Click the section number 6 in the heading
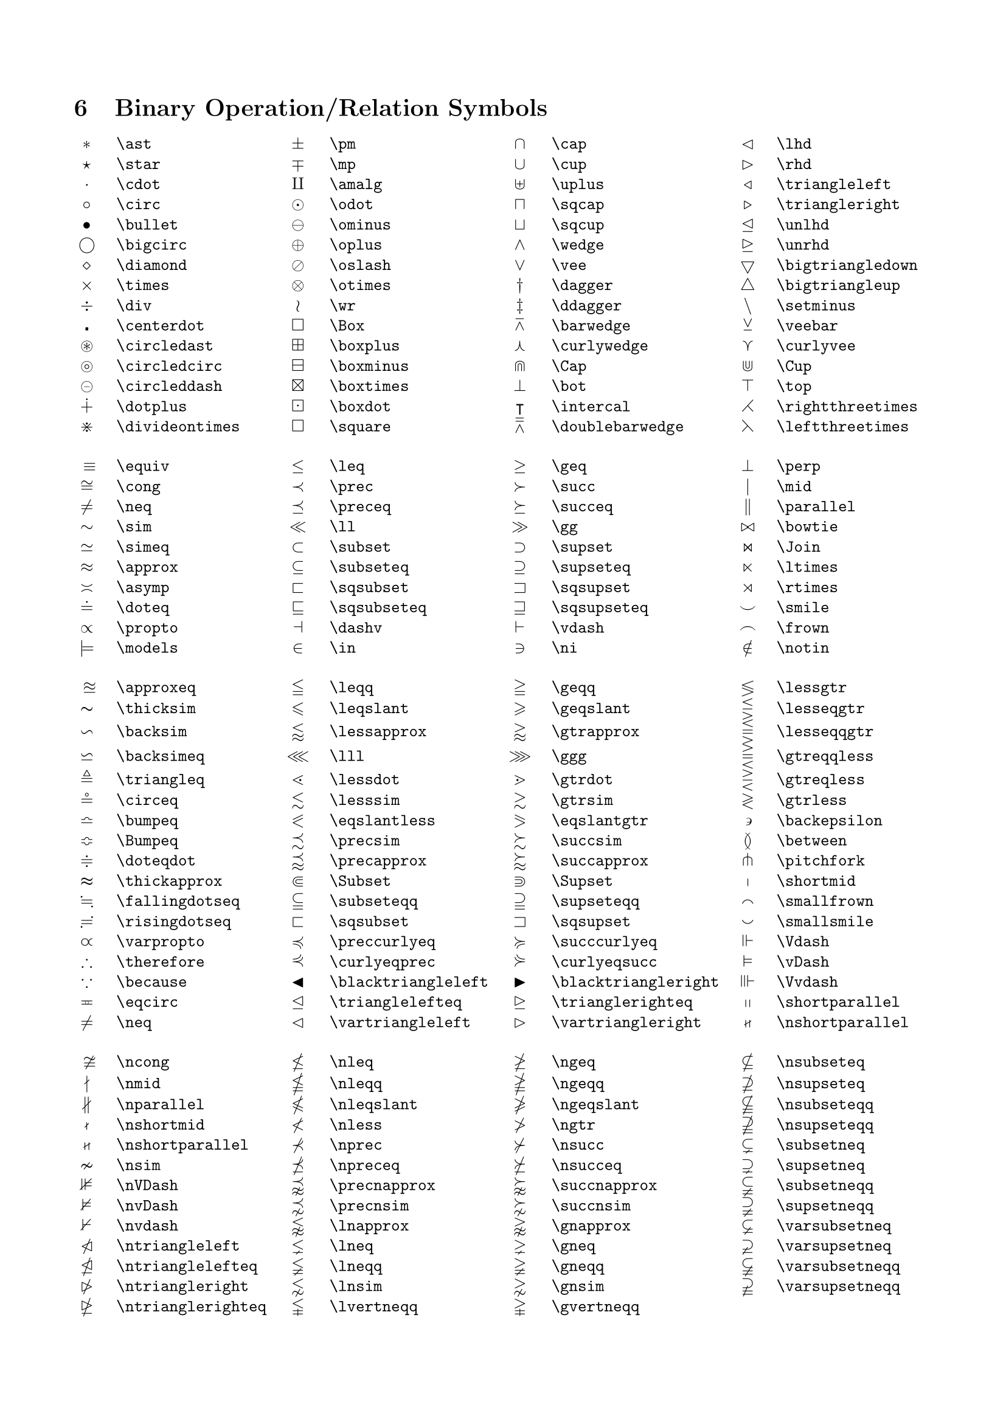point(80,108)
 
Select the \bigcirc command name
point(151,245)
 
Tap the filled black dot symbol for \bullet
point(87,225)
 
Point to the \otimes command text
point(360,286)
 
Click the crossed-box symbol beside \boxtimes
point(298,386)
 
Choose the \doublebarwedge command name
point(617,427)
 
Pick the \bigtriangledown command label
point(847,266)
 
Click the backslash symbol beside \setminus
point(748,306)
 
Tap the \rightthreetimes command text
point(847,407)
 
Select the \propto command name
point(147,628)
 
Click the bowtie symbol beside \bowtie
point(748,527)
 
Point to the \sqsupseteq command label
point(600,607)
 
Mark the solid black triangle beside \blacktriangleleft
point(298,982)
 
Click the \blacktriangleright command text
point(635,982)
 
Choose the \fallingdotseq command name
point(178,902)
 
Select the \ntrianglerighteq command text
point(192,1307)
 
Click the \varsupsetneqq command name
point(838,1286)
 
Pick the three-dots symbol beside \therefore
point(87,962)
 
